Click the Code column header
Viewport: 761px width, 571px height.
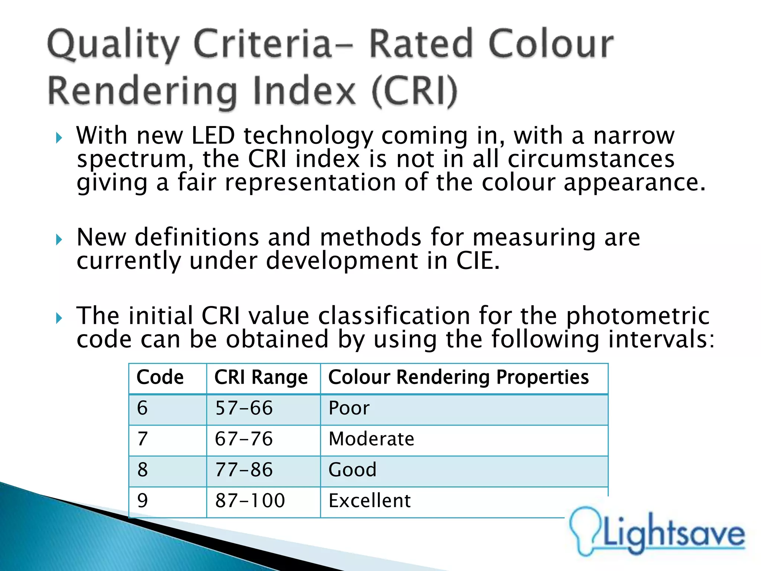[160, 377]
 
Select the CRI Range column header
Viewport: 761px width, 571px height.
[261, 377]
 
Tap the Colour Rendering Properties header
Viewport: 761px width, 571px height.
[458, 377]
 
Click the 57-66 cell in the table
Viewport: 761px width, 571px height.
[244, 408]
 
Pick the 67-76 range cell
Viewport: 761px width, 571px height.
[244, 439]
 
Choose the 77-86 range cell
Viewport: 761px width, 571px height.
[244, 470]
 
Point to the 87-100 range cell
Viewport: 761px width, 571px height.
[250, 501]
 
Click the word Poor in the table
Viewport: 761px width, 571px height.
[349, 408]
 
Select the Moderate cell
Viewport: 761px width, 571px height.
[371, 439]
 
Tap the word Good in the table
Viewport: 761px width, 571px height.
[352, 470]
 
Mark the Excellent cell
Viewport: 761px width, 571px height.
[370, 501]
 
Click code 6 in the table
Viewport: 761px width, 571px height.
[142, 408]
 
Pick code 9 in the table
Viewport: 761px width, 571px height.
[142, 501]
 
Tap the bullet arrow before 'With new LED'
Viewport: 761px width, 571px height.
[59, 138]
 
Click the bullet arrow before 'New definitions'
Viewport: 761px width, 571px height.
[59, 239]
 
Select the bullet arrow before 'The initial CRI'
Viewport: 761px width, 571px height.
[59, 318]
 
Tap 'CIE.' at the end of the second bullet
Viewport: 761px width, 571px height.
[478, 261]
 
